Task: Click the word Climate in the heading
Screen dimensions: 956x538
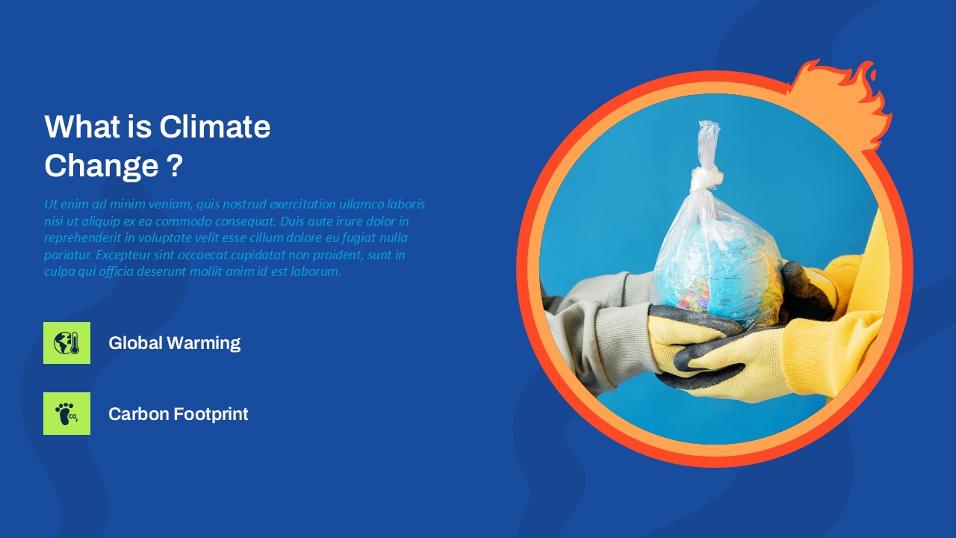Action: pos(214,126)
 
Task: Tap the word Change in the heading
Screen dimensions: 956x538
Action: pos(102,166)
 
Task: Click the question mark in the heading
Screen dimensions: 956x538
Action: pos(174,165)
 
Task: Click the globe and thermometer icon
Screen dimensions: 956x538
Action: pos(66,343)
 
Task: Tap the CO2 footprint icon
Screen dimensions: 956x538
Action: pos(66,413)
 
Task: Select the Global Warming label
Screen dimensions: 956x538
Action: pos(174,343)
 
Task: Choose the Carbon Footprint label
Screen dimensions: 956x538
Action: pos(178,414)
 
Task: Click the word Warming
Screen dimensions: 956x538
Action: pos(204,343)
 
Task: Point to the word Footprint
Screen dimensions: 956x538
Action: pos(211,414)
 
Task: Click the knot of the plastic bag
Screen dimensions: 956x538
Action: pos(707,179)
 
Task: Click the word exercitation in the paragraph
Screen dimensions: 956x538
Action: pos(302,204)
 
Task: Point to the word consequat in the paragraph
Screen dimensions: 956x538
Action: pos(250,222)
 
